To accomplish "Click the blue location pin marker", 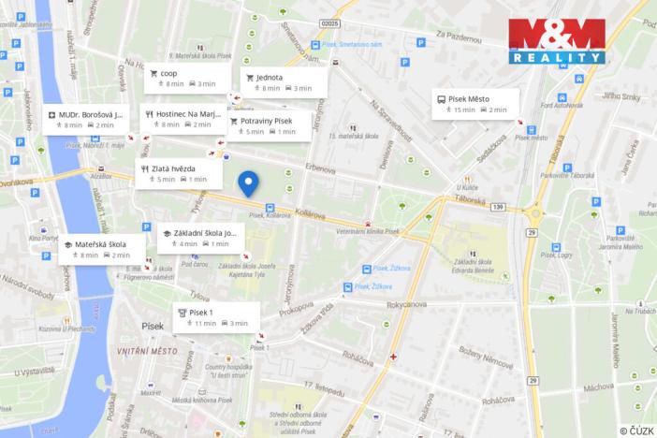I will point(248,183).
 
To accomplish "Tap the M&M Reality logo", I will point(557,40).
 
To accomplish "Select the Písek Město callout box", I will point(475,103).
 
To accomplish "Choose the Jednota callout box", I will point(281,82).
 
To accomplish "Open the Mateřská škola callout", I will point(98,249).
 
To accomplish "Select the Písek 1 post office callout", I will point(214,317).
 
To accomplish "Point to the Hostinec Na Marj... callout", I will point(182,119).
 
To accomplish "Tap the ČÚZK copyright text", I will point(635,430).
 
